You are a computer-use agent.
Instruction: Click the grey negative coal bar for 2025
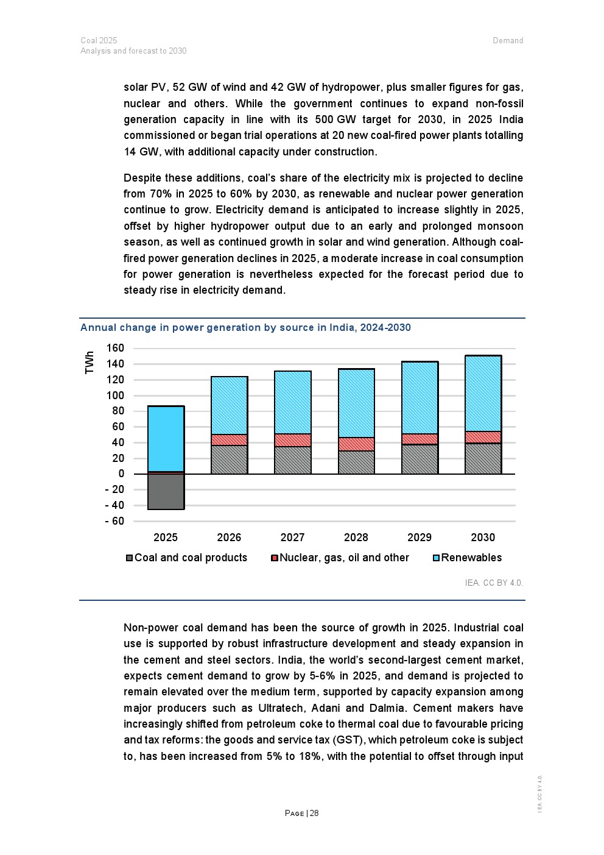[166, 491]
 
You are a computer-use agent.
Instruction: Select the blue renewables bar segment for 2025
[166, 439]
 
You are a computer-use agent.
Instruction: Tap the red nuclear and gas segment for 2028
[356, 444]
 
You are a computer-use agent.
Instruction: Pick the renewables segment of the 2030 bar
[483, 394]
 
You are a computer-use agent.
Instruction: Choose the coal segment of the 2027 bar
[293, 460]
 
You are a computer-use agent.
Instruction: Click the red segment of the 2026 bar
[229, 440]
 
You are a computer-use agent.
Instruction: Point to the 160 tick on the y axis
[116, 349]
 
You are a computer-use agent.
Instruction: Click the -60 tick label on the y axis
[114, 521]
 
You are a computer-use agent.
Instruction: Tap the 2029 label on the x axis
[420, 537]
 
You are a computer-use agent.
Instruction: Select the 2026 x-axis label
[229, 537]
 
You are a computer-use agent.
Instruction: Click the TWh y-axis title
[90, 363]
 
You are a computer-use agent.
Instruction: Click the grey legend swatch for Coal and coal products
[129, 558]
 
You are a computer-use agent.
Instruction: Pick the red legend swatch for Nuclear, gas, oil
[275, 558]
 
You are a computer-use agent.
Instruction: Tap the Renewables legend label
[471, 558]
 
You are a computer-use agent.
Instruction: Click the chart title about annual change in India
[245, 328]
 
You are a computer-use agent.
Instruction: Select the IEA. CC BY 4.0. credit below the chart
[494, 583]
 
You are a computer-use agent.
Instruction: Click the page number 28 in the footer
[314, 813]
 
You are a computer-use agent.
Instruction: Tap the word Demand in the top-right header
[508, 41]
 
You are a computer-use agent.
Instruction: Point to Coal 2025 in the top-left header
[99, 41]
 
